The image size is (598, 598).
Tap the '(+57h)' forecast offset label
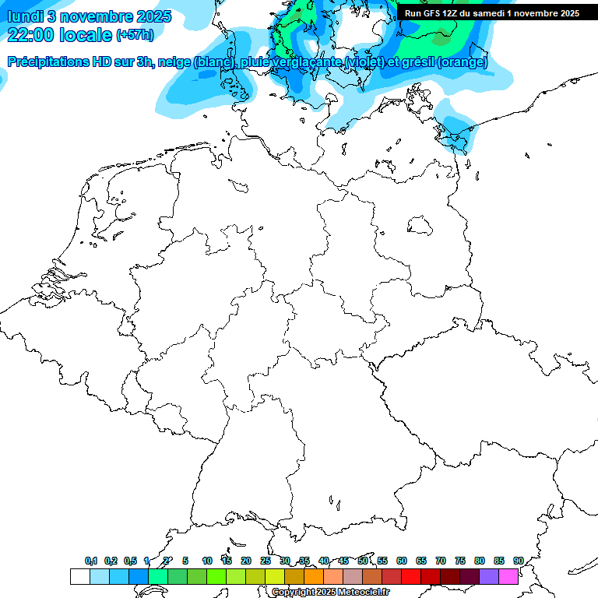[135, 36]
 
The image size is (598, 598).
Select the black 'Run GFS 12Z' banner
[491, 13]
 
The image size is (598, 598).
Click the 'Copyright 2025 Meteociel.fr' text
[331, 592]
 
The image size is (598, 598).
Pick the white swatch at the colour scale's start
[79, 576]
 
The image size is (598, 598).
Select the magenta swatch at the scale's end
[508, 576]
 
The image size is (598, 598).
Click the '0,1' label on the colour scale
[91, 561]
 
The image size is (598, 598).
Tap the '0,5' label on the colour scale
[130, 561]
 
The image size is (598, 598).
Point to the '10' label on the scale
[207, 561]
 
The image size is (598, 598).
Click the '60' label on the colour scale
[402, 561]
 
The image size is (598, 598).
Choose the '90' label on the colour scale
[519, 561]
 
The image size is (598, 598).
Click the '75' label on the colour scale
[460, 561]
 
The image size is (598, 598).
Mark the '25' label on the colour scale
[266, 561]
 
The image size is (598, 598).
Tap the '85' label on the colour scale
[499, 561]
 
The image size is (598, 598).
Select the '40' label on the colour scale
[324, 561]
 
